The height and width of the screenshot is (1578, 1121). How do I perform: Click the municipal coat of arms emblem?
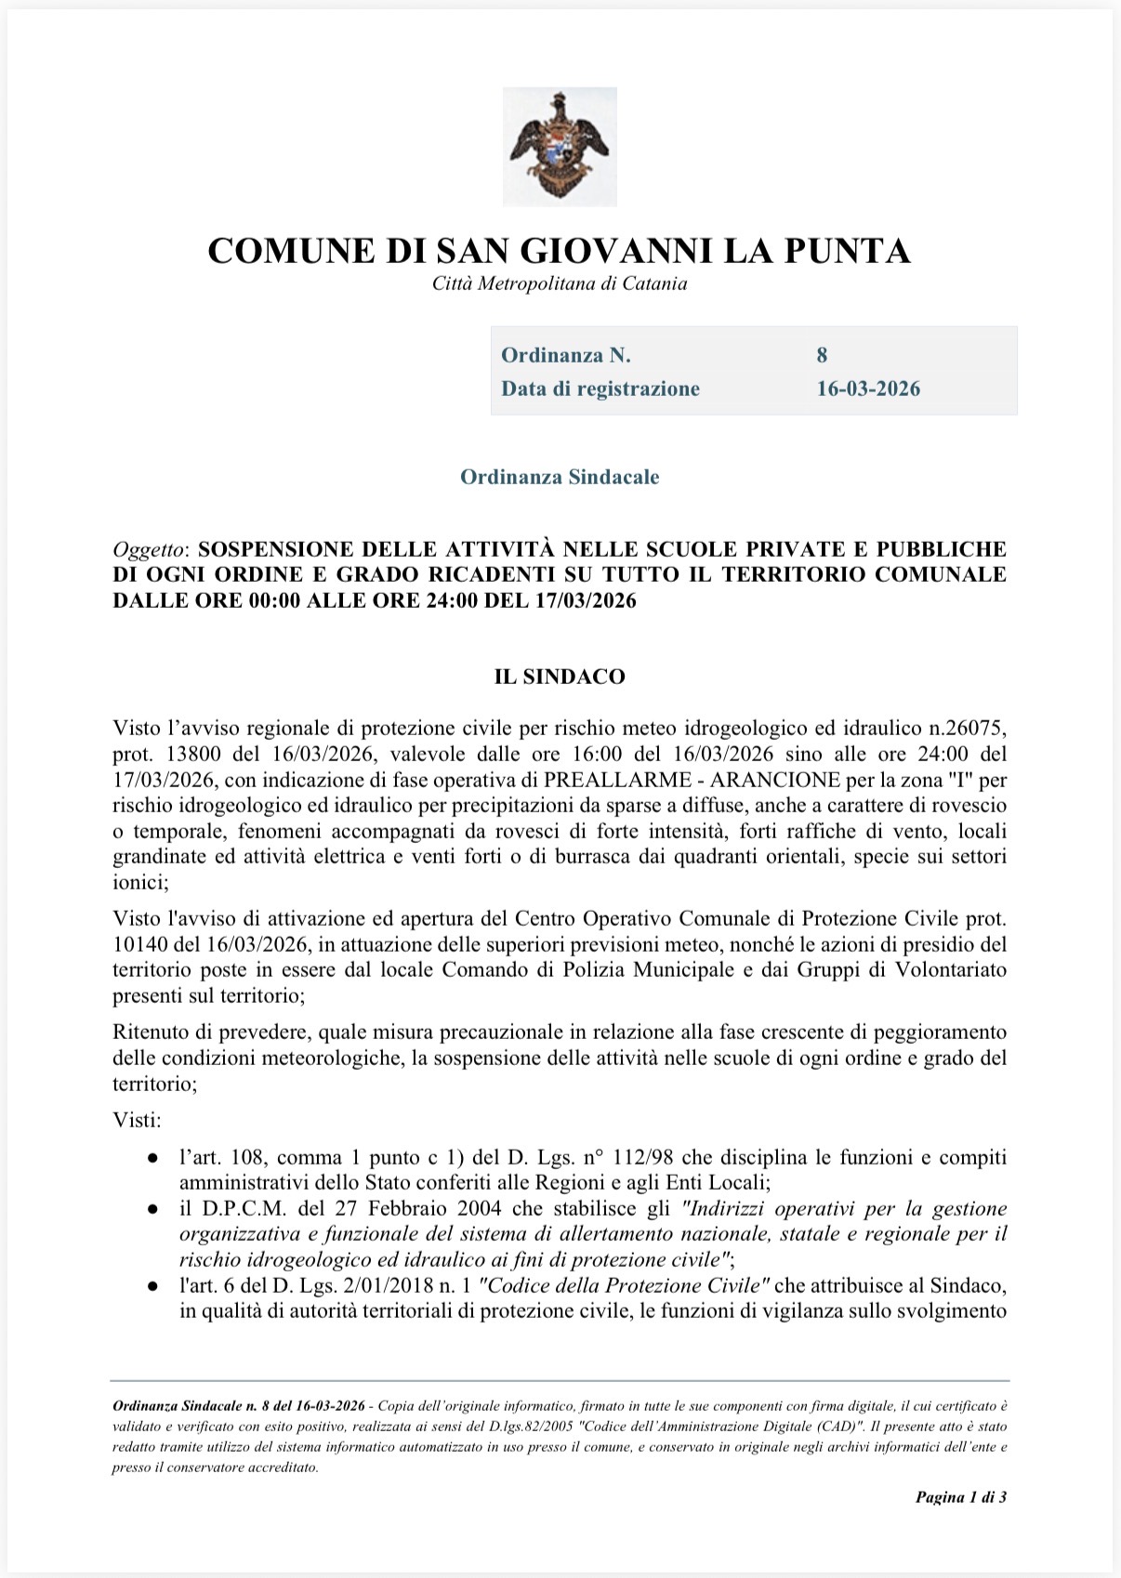click(560, 146)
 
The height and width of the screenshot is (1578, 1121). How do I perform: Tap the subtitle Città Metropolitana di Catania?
click(560, 284)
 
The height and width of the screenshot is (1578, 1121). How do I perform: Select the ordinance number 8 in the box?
click(822, 355)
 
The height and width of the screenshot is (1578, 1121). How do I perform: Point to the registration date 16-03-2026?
click(868, 388)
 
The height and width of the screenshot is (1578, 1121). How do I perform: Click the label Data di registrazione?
click(600, 388)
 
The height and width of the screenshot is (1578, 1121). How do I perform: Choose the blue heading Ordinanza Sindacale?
click(560, 478)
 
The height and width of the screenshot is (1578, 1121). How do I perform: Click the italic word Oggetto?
click(148, 549)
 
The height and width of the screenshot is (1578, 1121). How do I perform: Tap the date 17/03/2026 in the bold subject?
click(586, 600)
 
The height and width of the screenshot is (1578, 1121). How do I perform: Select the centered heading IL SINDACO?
click(560, 677)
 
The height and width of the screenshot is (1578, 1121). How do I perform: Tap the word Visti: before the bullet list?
click(137, 1120)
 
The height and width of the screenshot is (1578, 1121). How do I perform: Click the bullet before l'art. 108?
click(152, 1159)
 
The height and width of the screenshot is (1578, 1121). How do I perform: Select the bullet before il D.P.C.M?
click(152, 1210)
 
